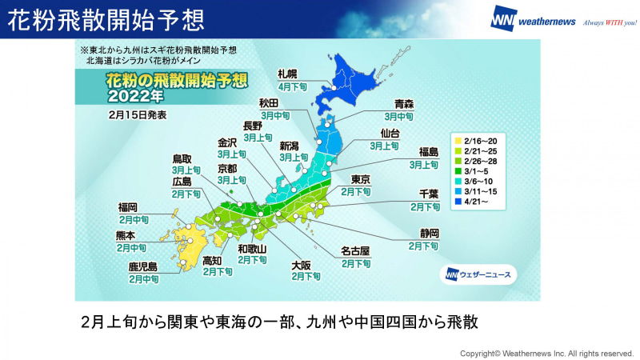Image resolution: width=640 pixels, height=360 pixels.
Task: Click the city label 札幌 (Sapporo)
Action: coord(288,74)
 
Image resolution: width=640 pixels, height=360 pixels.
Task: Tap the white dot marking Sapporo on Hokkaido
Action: coord(334,88)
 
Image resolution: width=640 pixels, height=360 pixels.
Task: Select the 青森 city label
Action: coord(404,104)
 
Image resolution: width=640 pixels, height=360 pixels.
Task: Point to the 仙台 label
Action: coord(390,134)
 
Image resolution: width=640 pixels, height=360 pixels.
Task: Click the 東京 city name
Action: coord(361,179)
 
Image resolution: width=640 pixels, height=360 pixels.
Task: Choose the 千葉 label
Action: coord(429,194)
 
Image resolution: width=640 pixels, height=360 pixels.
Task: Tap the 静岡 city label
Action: coord(429,234)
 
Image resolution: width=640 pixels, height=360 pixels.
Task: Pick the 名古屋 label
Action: coord(355,250)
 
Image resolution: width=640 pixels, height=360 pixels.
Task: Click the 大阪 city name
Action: coord(301,266)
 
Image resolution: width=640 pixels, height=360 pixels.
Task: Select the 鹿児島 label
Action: coord(143,267)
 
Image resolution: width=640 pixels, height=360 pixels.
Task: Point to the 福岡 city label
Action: coord(128,207)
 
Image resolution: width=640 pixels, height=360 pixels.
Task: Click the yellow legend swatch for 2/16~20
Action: coord(458,142)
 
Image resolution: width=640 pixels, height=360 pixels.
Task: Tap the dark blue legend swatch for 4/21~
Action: coord(458,202)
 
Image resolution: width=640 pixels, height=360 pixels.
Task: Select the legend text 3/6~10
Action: coord(478,182)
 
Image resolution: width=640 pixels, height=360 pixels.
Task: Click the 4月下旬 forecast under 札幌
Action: coord(293,87)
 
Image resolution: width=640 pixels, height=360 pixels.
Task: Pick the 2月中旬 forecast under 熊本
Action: coord(131,248)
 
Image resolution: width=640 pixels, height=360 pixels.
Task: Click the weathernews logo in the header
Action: coord(533,19)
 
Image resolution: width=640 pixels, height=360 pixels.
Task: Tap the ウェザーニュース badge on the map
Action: coord(478,274)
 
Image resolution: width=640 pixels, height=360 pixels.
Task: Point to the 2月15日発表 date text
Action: coord(138,115)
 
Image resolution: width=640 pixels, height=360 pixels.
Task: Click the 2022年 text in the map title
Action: coord(135,96)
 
